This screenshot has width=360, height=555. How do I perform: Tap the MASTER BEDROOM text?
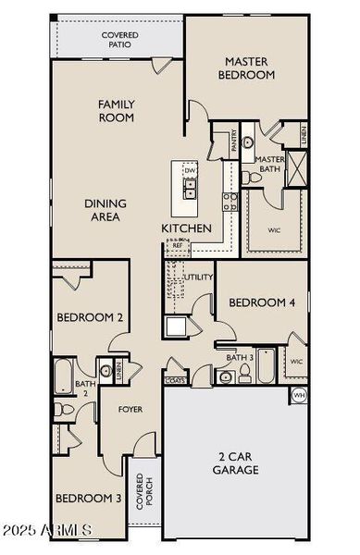(x=247, y=68)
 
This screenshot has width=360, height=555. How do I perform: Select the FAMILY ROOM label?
(x=117, y=111)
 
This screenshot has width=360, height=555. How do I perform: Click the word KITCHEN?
(x=187, y=228)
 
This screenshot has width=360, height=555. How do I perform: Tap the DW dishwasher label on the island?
(x=190, y=171)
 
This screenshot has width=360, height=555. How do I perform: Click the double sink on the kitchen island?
(x=190, y=190)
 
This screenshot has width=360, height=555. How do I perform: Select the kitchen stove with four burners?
(x=230, y=202)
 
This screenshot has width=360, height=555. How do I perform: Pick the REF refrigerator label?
(x=178, y=245)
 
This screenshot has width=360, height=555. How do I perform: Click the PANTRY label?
(x=222, y=144)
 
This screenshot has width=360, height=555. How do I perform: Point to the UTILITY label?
(x=199, y=277)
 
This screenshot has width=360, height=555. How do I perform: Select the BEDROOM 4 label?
(x=262, y=302)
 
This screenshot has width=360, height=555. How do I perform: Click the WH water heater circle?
(x=298, y=395)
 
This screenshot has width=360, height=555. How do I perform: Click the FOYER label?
(x=130, y=409)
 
